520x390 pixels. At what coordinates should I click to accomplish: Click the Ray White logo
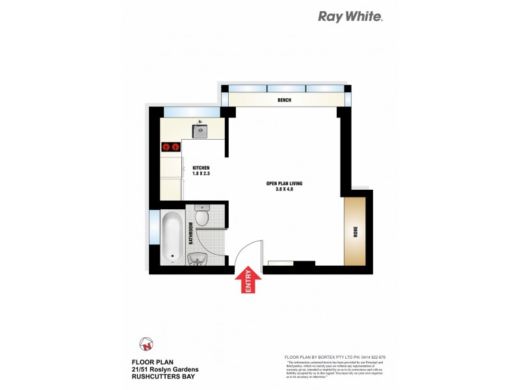(350, 17)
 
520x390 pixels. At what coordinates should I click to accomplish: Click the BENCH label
(283, 100)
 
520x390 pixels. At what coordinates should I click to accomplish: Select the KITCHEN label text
(201, 168)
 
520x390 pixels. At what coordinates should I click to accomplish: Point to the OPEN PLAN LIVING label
(285, 183)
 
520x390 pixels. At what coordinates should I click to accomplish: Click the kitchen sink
(200, 131)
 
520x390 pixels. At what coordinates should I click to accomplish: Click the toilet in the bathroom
(202, 216)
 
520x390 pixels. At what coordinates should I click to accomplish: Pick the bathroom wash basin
(198, 259)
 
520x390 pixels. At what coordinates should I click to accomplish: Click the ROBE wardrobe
(356, 232)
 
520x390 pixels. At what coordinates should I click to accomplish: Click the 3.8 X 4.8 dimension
(285, 190)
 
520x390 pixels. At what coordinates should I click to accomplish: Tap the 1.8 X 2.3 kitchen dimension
(201, 174)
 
